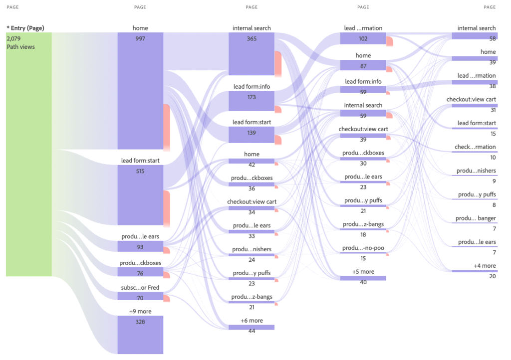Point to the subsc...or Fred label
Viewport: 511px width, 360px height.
[140, 288]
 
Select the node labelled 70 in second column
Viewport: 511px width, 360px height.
[140, 297]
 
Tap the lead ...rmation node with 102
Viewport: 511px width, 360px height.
[363, 38]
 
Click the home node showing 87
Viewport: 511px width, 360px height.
[363, 65]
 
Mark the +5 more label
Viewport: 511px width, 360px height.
[363, 272]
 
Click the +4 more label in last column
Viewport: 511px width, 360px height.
[485, 266]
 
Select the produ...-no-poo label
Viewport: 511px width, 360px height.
[363, 248]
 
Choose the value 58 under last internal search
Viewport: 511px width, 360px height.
[493, 38]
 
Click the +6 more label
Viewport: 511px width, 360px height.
[252, 321]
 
